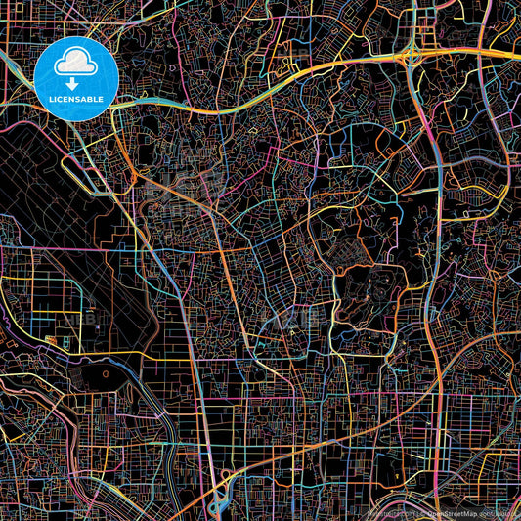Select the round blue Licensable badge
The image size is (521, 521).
pyautogui.click(x=76, y=78)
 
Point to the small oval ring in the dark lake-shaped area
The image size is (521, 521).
pyautogui.click(x=103, y=373)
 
